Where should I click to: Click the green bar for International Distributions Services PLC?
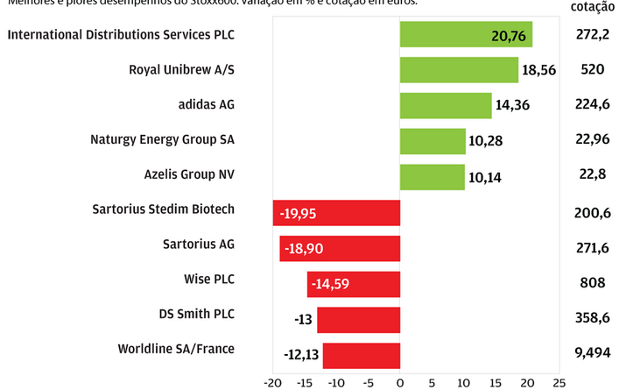(x=466, y=35)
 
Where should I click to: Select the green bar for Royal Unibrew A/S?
(x=459, y=70)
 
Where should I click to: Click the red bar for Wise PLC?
(x=354, y=283)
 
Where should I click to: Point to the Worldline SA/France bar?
(x=362, y=355)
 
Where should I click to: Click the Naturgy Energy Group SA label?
(x=162, y=139)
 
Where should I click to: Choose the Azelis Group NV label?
(x=189, y=174)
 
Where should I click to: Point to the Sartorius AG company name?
(x=199, y=244)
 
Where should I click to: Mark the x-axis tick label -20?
(x=273, y=382)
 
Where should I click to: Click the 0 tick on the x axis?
(x=400, y=382)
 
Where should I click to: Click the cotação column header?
(x=592, y=7)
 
